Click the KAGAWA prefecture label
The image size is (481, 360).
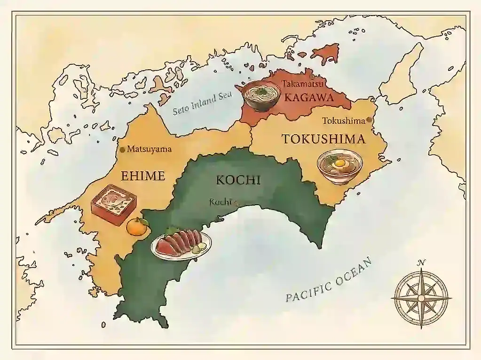coord(309,98)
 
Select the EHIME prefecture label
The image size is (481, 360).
coord(143,176)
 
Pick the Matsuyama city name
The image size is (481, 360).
coord(150,150)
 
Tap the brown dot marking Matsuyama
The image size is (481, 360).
coord(123,150)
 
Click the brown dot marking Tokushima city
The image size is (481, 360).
coord(369,120)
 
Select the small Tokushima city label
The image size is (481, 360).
coord(343,121)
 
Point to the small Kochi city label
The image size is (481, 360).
coord(221,202)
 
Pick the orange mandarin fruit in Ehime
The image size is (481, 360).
coord(137,226)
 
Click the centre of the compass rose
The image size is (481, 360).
coord(421,298)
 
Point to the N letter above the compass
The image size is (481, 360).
coord(422,263)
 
